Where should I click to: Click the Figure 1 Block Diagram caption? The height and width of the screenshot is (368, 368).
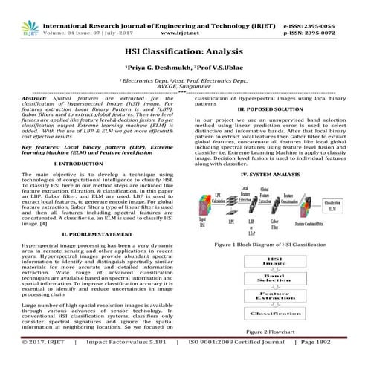(271, 244)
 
